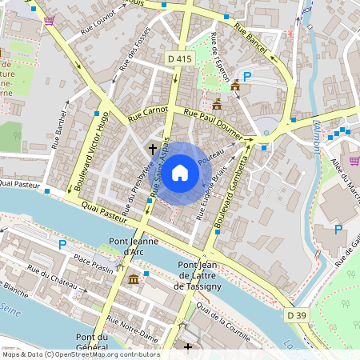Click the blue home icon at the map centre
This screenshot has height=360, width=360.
[180, 173]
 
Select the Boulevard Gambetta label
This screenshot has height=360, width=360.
[233, 189]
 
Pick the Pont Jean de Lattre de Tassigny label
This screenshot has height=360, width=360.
[210, 276]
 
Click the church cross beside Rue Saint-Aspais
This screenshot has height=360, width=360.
[152, 149]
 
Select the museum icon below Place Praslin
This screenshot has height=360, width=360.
[133, 279]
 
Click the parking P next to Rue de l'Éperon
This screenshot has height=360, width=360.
[247, 77]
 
